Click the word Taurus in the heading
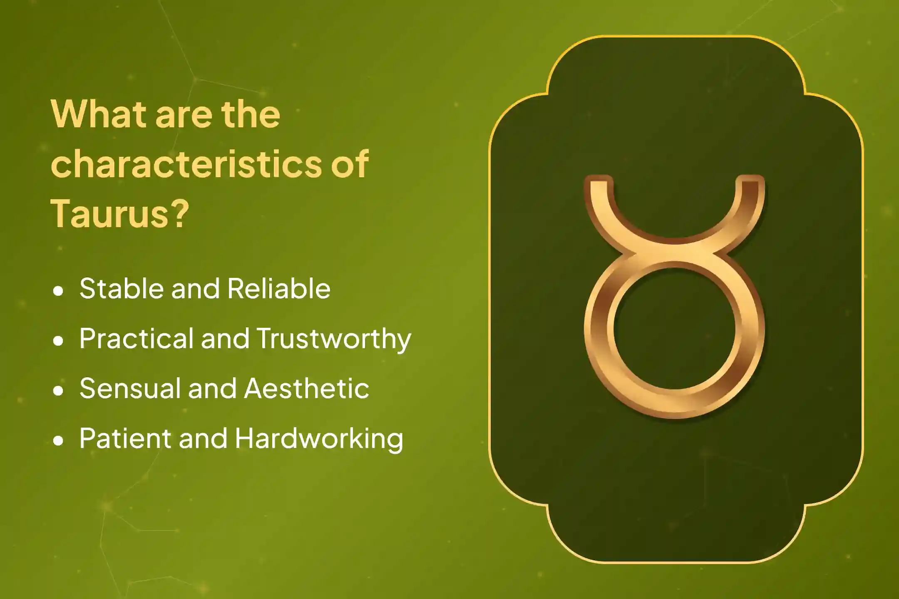110,213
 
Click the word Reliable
279,288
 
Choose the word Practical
137,338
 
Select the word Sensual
130,388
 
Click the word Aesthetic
307,388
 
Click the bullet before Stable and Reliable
59,290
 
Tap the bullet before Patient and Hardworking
59,440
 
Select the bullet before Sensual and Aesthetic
59,390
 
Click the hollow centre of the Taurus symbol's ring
674,329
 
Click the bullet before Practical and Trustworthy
59,340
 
